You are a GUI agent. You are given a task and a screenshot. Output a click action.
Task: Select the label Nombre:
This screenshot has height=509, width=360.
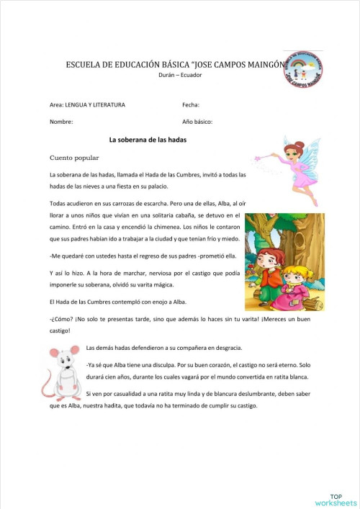point(61,122)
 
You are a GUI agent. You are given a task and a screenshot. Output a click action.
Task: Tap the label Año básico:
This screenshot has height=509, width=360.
point(197,122)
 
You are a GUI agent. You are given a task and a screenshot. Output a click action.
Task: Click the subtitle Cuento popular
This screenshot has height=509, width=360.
point(73,157)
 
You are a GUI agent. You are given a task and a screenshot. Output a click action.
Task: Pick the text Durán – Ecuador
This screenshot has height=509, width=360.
point(180,75)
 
